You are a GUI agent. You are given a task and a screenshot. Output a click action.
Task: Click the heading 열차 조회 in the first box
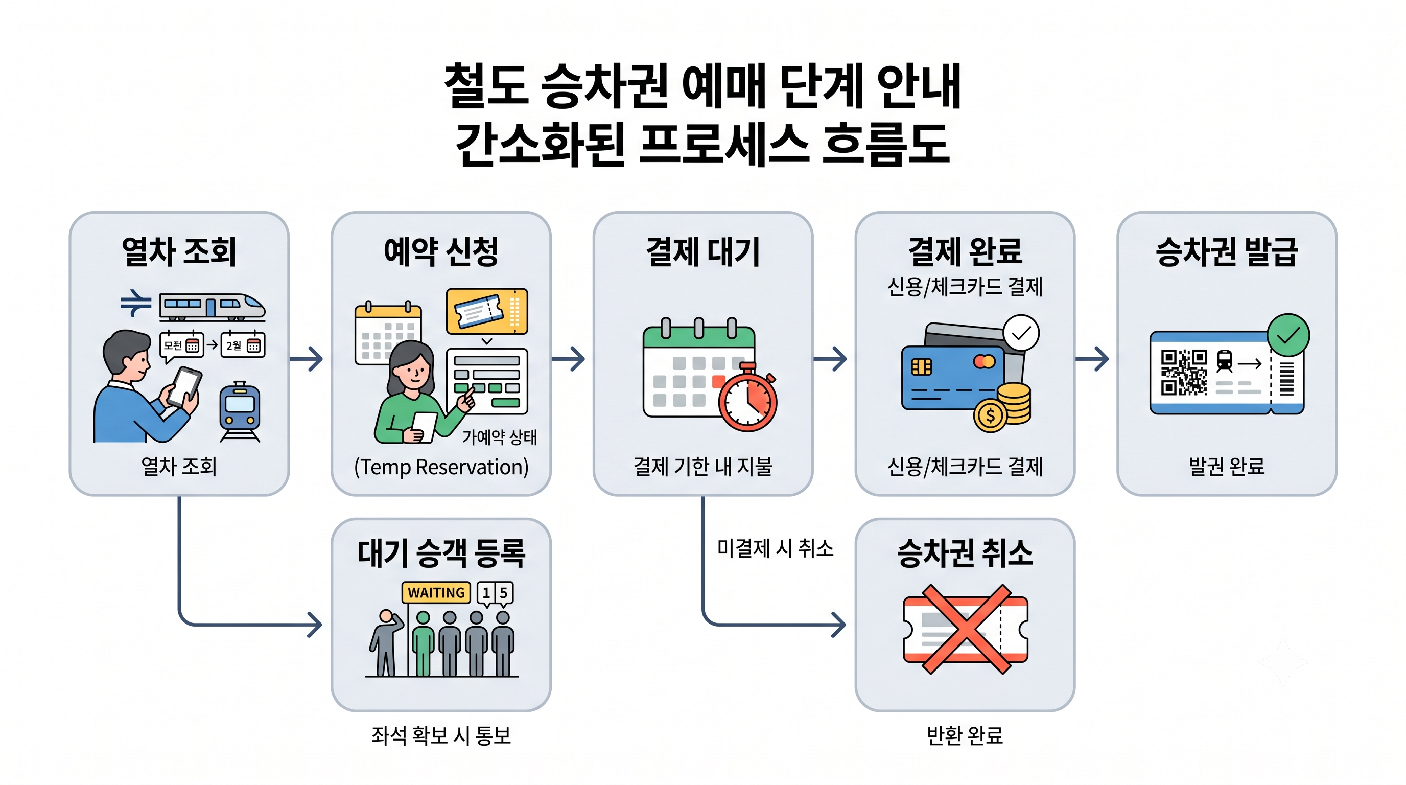click(x=179, y=251)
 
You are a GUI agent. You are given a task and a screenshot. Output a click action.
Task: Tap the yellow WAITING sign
click(x=436, y=593)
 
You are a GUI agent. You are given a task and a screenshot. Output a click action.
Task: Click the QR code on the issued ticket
click(x=1184, y=372)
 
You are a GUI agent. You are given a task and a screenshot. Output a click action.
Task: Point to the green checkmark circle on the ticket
click(x=1288, y=335)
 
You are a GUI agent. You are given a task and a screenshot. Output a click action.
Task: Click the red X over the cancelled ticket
click(x=966, y=629)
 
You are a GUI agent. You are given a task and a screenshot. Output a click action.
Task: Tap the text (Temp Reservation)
click(x=441, y=467)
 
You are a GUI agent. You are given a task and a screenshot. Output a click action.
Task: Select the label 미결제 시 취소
click(x=775, y=548)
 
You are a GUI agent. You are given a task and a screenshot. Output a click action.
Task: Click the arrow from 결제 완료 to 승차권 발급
click(x=1092, y=359)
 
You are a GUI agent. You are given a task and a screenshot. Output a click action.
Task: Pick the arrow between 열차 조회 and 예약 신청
click(x=306, y=359)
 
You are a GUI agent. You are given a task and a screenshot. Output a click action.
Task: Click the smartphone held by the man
click(x=184, y=387)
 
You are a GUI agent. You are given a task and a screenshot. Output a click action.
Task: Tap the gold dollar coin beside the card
click(x=990, y=416)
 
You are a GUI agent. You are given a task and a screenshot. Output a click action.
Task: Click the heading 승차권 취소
click(x=965, y=553)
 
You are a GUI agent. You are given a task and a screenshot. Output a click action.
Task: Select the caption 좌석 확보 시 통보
click(x=441, y=735)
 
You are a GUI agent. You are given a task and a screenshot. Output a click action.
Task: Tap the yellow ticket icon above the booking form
click(x=487, y=311)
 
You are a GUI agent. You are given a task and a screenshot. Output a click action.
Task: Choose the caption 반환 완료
click(x=965, y=735)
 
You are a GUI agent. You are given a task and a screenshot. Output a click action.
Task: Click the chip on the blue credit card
click(x=922, y=367)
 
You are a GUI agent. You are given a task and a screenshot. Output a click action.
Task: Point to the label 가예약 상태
click(x=500, y=437)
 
